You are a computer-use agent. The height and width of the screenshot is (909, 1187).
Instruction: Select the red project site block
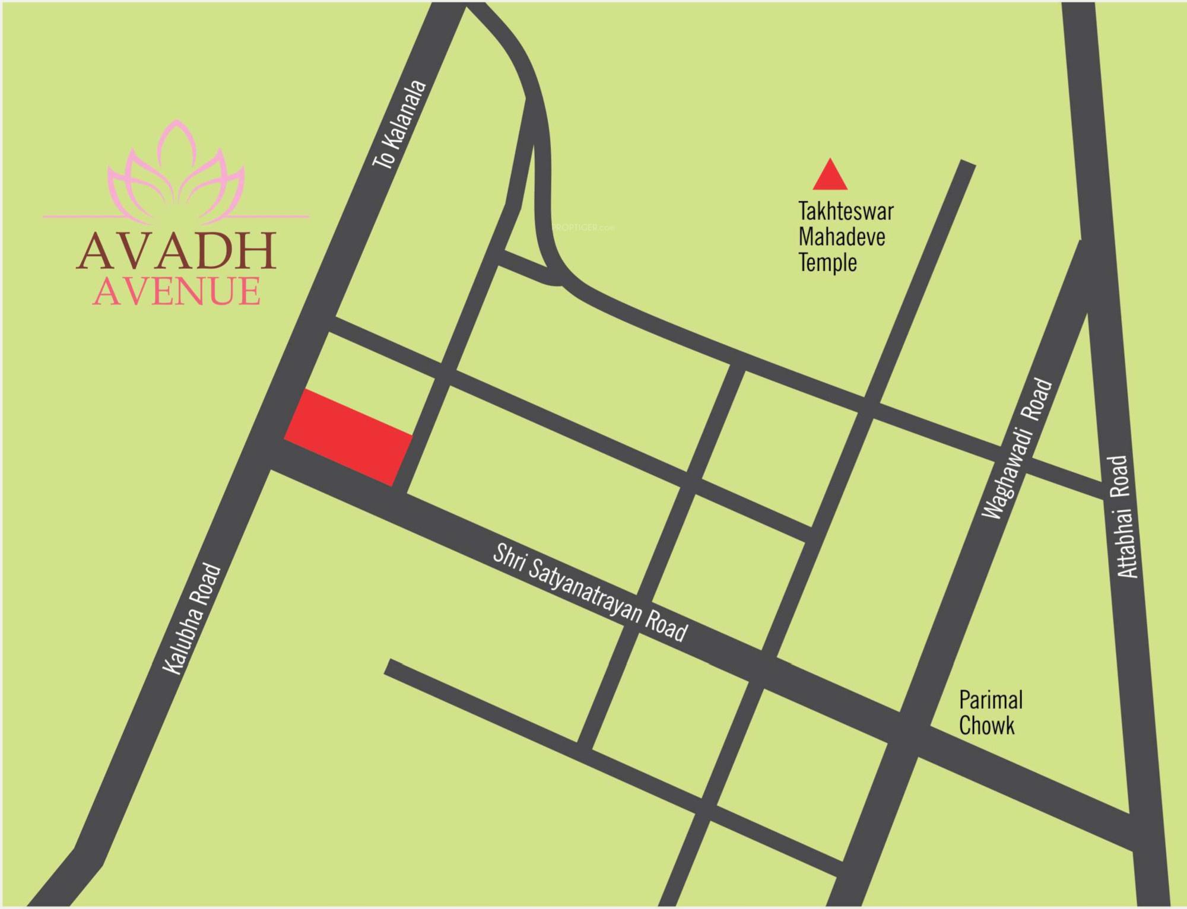point(348,438)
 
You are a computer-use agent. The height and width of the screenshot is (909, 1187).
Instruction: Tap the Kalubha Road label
point(192,620)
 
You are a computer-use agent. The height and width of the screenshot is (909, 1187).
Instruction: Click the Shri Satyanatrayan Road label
point(589,595)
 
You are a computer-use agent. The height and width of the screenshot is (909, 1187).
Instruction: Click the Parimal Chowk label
point(990,713)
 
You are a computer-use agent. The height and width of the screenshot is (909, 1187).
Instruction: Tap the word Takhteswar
point(846,211)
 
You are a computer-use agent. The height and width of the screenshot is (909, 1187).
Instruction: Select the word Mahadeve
point(842,237)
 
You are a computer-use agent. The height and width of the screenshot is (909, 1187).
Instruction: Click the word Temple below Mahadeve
point(827,262)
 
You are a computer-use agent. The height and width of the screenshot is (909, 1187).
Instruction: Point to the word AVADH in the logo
point(176,252)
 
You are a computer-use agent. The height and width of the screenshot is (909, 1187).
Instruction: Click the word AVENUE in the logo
point(176,291)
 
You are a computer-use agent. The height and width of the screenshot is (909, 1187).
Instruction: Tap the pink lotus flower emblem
point(176,169)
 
